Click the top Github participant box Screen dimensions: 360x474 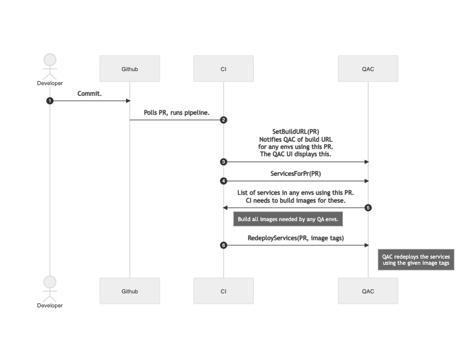coord(129,69)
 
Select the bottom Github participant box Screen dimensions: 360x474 coord(129,291)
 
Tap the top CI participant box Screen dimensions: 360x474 coord(224,69)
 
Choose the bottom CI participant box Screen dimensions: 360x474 coord(224,291)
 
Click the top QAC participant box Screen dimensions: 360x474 coord(368,69)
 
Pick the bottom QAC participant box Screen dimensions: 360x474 coord(368,291)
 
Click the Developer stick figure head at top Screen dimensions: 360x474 coord(50,60)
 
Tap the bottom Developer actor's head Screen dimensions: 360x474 coord(50,282)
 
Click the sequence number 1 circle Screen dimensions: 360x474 coord(50,101)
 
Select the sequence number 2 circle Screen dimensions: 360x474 coord(224,120)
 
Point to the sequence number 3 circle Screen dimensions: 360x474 coord(224,162)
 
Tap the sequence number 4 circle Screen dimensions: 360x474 coord(224,181)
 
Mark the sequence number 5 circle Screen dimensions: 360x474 coord(368,208)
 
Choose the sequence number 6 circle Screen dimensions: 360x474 coord(224,245)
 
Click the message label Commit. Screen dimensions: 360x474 coord(90,93)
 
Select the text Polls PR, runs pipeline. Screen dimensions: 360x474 coord(176,113)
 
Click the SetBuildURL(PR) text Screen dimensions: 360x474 coord(295,132)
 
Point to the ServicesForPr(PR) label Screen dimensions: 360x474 coord(295,174)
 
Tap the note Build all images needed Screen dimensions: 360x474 coord(287,219)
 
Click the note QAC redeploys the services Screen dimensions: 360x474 coord(416,260)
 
